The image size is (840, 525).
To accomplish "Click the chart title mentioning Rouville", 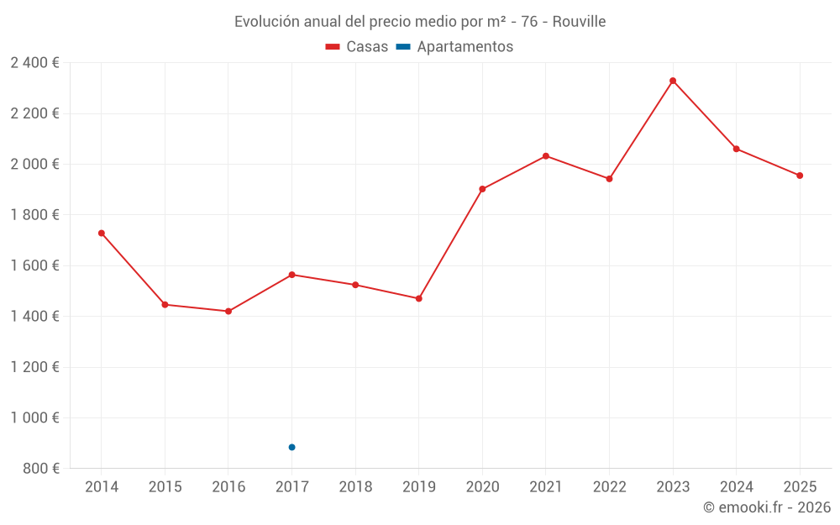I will point(420,22).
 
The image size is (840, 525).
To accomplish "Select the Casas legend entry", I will point(357,47).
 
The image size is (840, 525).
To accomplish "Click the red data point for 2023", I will point(673,81).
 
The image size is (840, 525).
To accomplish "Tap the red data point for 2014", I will point(102,233).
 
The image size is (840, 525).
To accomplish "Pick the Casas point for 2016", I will point(228,312).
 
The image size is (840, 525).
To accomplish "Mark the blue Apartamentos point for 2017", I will point(291,447).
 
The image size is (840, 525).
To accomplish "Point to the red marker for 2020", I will point(482,189).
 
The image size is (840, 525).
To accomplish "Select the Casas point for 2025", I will point(800,176).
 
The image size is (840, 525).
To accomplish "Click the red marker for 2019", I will point(419,298).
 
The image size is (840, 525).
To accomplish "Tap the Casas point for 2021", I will point(546,156).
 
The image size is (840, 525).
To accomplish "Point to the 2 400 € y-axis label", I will point(34,63).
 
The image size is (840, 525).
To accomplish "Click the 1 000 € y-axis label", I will point(34,417).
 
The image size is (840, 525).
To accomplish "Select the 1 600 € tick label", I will point(34,265).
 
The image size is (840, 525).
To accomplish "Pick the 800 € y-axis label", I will point(39,469).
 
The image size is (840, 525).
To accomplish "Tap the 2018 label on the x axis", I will point(355,487).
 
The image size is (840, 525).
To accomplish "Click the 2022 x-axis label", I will point(609,487).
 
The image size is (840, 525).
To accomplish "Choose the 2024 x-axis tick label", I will point(736,487).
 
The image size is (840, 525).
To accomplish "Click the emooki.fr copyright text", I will point(767,507).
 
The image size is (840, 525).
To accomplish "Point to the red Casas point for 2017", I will point(291,275).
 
